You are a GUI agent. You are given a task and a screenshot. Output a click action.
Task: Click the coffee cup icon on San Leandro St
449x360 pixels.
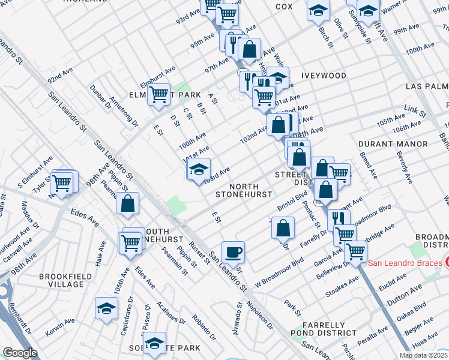[233, 251]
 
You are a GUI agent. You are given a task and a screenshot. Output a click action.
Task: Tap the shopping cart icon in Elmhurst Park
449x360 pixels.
[158, 94]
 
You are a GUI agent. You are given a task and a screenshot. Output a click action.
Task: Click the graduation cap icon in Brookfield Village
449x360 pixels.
[106, 308]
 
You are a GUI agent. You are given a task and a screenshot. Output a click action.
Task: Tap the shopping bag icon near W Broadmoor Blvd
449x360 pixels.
[283, 228]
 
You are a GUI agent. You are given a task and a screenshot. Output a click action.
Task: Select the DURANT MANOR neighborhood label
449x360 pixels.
[393, 144]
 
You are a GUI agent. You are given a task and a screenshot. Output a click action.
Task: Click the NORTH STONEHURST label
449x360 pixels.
[244, 191]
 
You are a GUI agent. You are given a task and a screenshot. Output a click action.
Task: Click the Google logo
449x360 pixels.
[20, 353]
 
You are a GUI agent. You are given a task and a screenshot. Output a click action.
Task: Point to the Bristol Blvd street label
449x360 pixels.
[292, 200]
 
